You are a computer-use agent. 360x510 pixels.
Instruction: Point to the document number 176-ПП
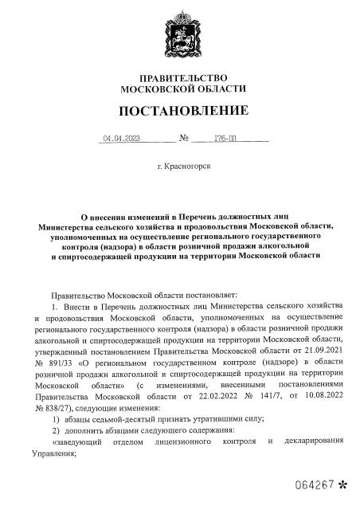click(238, 139)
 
